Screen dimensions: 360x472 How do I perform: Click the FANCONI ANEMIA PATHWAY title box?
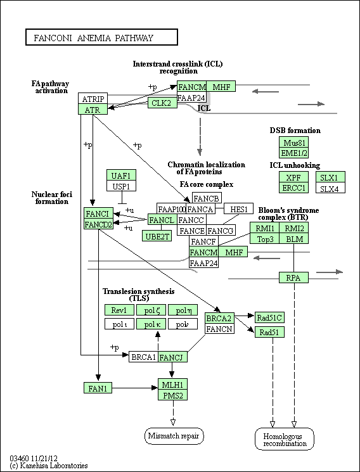pyautogui.click(x=101, y=37)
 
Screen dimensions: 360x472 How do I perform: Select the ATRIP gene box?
pyautogui.click(x=93, y=98)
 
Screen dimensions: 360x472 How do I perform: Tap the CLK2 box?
pyautogui.click(x=162, y=103)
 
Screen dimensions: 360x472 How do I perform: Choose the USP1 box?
pyautogui.click(x=122, y=186)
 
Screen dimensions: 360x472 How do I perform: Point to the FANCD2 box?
pyautogui.click(x=98, y=224)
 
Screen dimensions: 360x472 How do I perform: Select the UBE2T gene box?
pyautogui.click(x=157, y=236)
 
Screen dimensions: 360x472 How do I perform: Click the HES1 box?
pyautogui.click(x=239, y=208)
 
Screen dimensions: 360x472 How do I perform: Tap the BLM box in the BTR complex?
pyautogui.click(x=293, y=238)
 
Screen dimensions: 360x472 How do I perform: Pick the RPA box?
pyautogui.click(x=293, y=277)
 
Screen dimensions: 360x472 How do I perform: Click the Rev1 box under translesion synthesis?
pyautogui.click(x=119, y=310)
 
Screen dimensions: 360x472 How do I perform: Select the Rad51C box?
pyautogui.click(x=269, y=317)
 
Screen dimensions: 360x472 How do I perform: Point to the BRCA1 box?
pyautogui.click(x=143, y=357)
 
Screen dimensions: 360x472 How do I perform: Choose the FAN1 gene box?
pyautogui.click(x=98, y=388)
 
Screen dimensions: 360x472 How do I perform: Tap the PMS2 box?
pyautogui.click(x=173, y=395)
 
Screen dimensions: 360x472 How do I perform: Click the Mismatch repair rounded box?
pyautogui.click(x=174, y=436)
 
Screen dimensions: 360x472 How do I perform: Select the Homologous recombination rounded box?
pyautogui.click(x=285, y=439)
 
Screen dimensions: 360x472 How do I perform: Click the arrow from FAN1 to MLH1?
pyautogui.click(x=135, y=388)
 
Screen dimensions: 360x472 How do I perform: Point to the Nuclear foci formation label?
pyautogui.click(x=52, y=198)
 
